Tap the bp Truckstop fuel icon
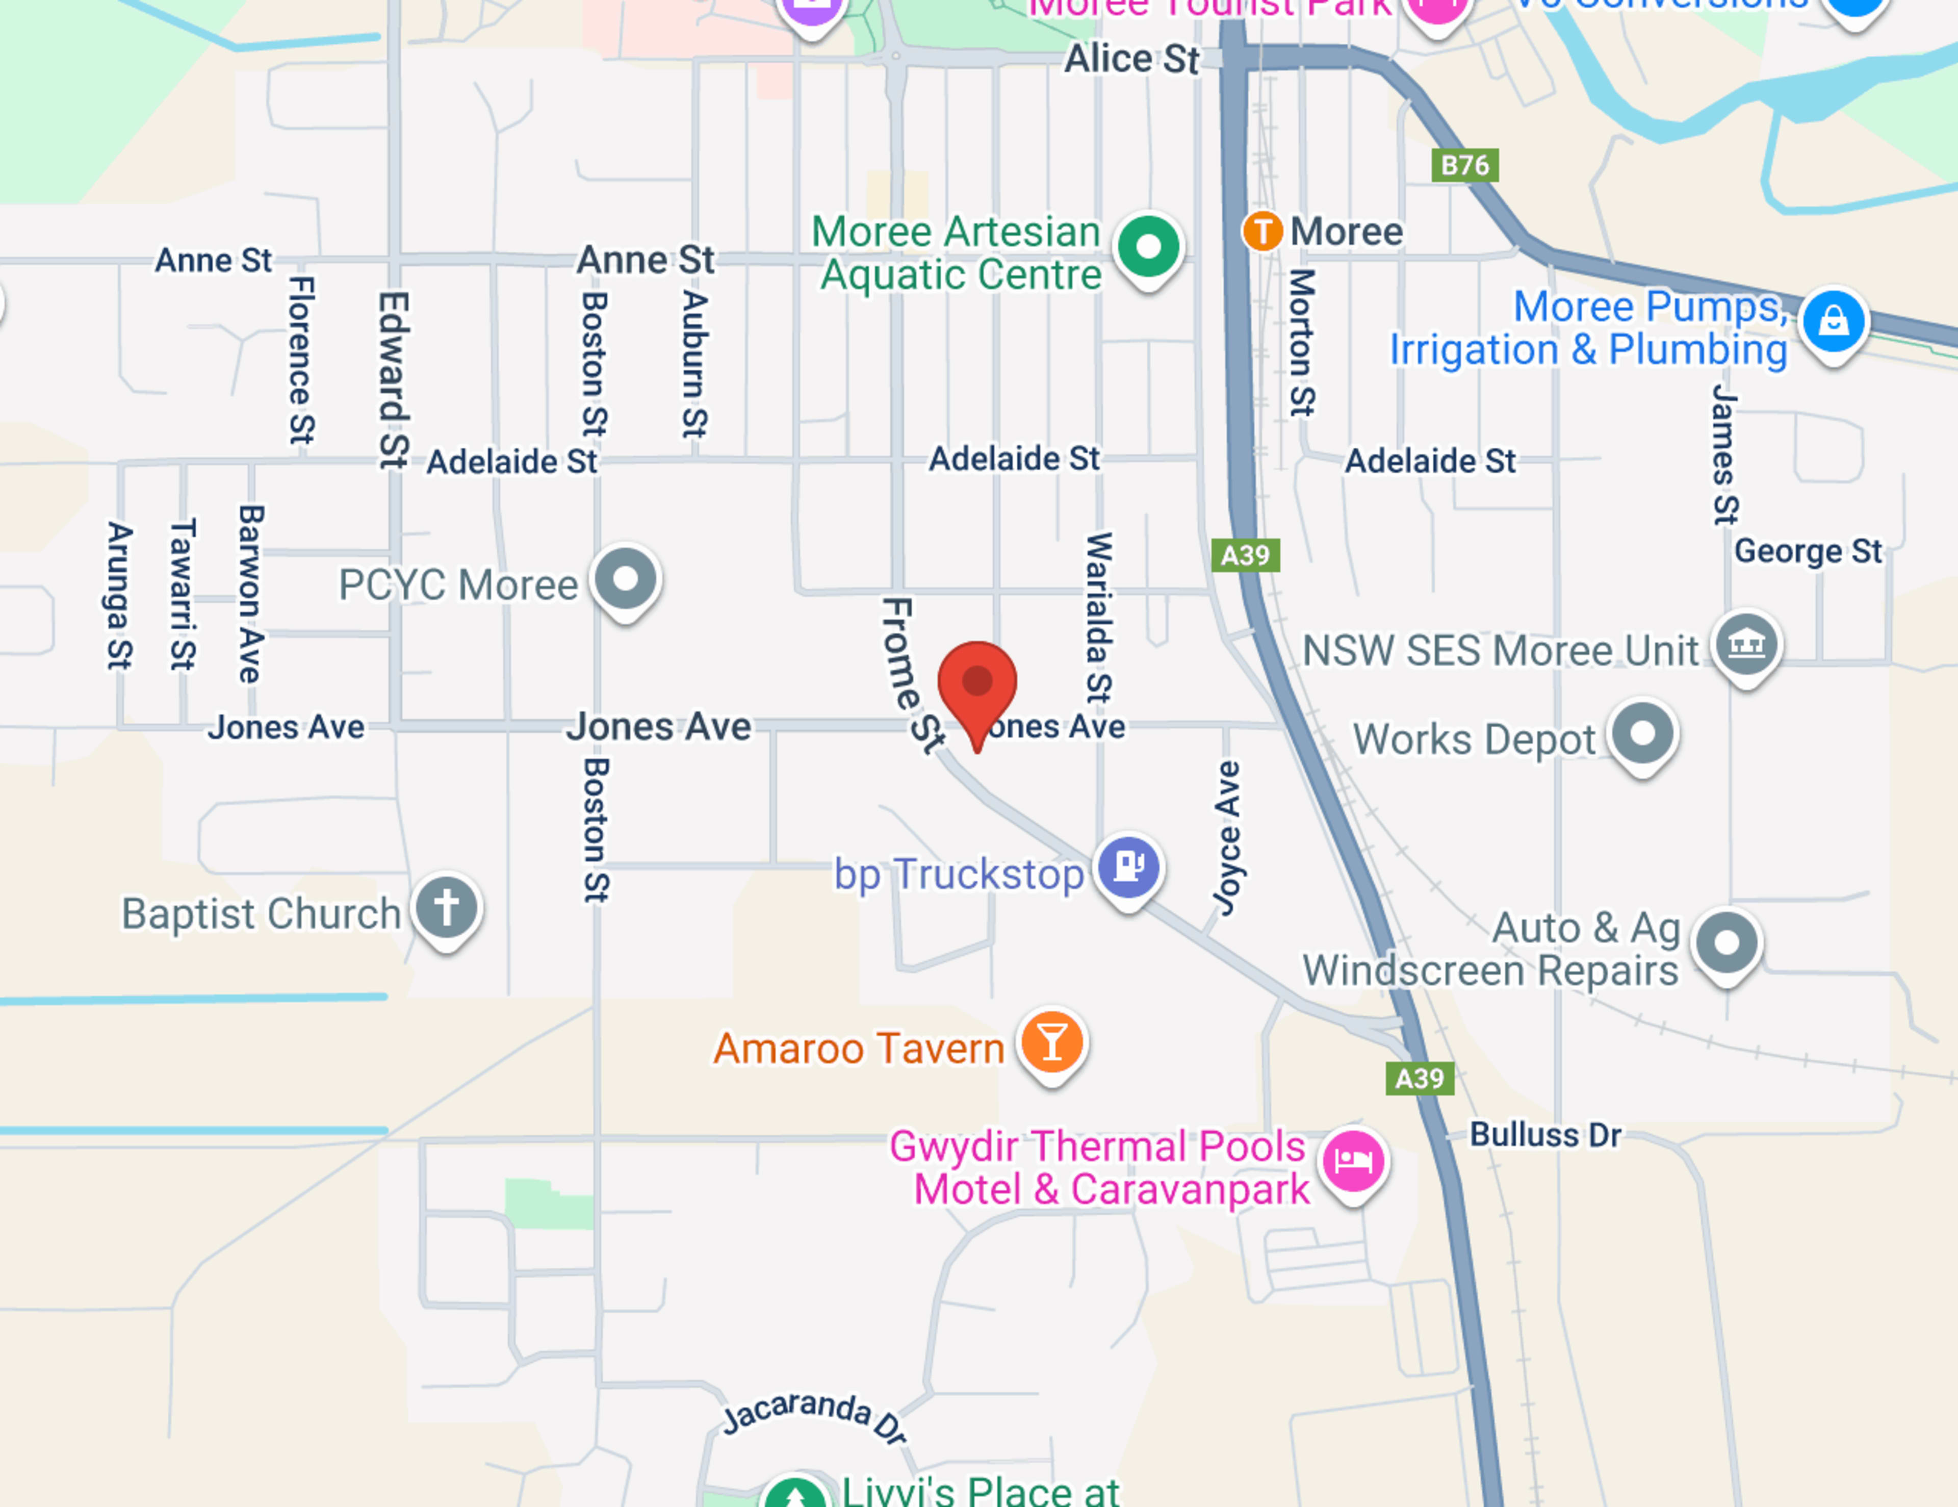(1129, 866)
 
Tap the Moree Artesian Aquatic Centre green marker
(1148, 246)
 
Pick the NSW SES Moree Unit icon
(1745, 644)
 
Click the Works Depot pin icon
(1642, 733)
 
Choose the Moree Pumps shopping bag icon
(1834, 320)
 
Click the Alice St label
(1131, 59)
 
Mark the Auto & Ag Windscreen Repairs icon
(1727, 943)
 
